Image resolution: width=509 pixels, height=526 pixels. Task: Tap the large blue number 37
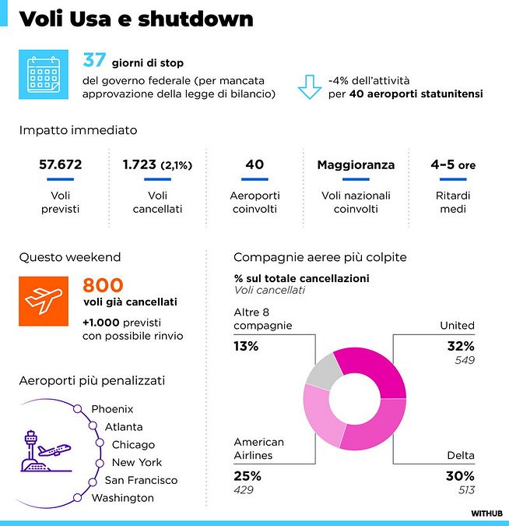[x=94, y=61]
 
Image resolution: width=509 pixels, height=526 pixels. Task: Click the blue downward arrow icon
[x=309, y=86]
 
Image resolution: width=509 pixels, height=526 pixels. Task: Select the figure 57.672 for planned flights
[x=60, y=165]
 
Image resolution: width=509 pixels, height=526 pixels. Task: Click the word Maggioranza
[x=356, y=165]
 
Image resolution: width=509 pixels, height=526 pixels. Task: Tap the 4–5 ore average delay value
[x=453, y=165]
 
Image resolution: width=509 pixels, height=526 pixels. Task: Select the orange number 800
[x=104, y=285]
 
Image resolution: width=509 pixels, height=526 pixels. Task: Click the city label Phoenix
[x=112, y=409]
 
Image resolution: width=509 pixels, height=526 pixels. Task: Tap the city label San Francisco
[x=141, y=480]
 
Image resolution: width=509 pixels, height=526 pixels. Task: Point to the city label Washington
[x=122, y=498]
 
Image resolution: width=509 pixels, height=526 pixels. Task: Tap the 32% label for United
[x=461, y=346]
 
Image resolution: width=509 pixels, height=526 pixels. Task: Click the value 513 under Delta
[x=465, y=490]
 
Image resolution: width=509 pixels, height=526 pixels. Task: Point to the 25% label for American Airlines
[x=247, y=475]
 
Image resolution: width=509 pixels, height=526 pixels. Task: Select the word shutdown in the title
[x=197, y=19]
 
